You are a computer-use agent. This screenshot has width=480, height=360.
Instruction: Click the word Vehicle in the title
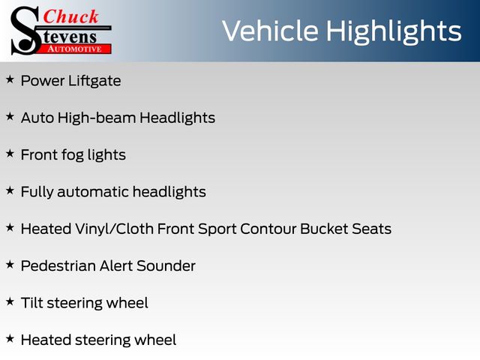(270, 31)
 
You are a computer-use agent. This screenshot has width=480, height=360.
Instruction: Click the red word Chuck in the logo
(70, 16)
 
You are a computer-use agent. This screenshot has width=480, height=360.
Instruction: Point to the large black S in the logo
(25, 31)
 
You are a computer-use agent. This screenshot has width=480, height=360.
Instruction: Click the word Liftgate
(94, 81)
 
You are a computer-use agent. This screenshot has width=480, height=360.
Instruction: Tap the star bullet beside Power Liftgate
(10, 79)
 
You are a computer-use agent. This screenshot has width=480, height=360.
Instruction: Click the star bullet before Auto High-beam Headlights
(10, 116)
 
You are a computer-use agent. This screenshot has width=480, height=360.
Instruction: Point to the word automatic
(93, 192)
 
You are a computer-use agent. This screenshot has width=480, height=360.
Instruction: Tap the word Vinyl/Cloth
(114, 229)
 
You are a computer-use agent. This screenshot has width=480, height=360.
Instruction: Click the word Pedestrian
(58, 265)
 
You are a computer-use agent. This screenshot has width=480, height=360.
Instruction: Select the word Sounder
(166, 265)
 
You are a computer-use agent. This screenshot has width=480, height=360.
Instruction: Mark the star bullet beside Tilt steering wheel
(10, 301)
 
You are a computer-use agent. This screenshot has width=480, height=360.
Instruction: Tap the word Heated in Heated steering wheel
(46, 340)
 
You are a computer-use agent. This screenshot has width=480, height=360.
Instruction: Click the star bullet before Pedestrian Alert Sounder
(10, 265)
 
